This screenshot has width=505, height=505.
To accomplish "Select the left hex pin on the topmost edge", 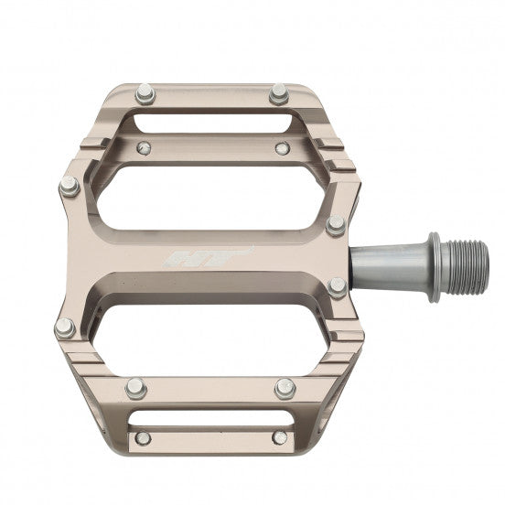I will point(144,92).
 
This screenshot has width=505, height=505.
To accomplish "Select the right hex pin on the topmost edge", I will point(277,92).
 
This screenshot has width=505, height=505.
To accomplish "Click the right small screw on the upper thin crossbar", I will point(283,147).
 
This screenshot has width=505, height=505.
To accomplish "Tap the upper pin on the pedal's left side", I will point(69,187).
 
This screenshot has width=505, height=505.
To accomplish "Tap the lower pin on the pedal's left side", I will point(64,328).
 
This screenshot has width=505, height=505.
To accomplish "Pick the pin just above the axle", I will point(337,223).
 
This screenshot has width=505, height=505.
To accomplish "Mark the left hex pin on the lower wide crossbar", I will point(134,387).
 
